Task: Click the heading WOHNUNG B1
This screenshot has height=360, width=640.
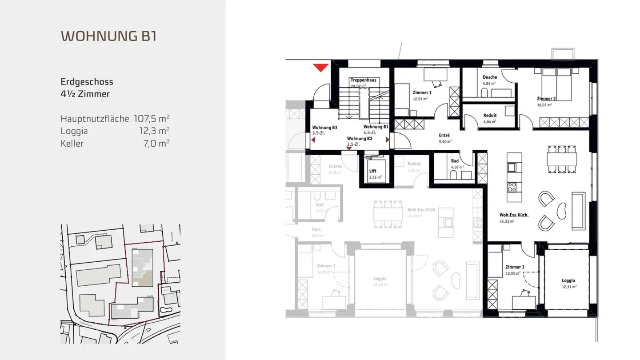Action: pos(108,36)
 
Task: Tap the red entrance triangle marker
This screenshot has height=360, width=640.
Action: pos(320,68)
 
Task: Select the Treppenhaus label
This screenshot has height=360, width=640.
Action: pos(363,80)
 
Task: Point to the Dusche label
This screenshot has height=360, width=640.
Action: pos(490,77)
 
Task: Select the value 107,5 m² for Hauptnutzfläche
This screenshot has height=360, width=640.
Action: pos(152,119)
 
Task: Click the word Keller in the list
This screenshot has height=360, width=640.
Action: pos(72,144)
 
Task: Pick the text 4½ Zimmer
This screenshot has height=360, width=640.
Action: pos(85,94)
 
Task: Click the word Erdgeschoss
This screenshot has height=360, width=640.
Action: pos(87,82)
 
